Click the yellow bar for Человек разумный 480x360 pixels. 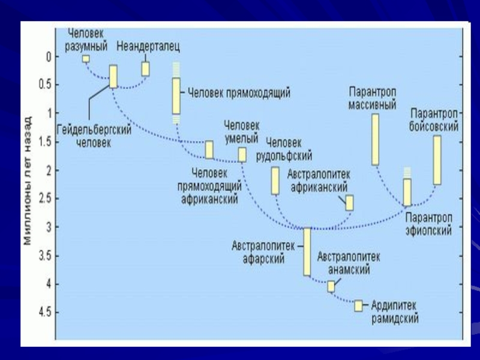click(x=86, y=58)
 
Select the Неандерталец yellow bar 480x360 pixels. click(x=145, y=68)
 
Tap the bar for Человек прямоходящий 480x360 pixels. click(x=176, y=95)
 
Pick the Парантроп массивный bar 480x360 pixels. click(x=376, y=139)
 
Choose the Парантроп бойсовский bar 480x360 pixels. click(x=437, y=160)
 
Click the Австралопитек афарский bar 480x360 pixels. click(x=307, y=251)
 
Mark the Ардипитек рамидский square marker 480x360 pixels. click(x=359, y=305)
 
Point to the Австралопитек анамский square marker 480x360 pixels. click(x=331, y=286)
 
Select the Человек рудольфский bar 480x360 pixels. click(x=275, y=181)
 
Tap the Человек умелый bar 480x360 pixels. click(x=242, y=155)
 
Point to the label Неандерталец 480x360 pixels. click(x=148, y=46)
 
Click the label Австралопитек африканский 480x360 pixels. click(x=319, y=180)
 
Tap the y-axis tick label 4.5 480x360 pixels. click(x=44, y=312)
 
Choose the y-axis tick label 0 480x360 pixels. click(x=49, y=57)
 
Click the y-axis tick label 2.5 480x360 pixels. click(x=44, y=199)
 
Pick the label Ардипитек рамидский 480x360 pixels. click(x=394, y=312)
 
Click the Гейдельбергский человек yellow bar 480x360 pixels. click(x=113, y=76)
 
